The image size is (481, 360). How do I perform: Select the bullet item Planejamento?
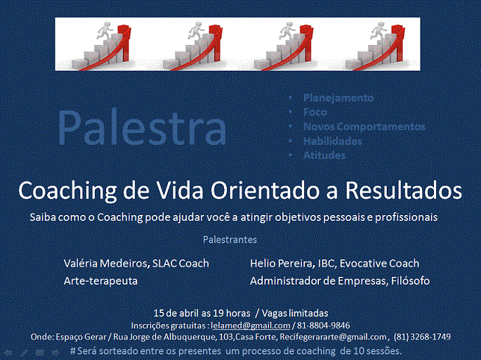[x=338, y=97]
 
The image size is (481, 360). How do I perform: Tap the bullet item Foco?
[x=315, y=112]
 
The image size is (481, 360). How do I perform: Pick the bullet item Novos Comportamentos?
[x=364, y=126]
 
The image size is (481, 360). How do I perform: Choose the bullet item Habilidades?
[x=333, y=141]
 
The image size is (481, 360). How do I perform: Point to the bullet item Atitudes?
[x=325, y=155]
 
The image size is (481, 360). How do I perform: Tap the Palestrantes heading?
[x=230, y=239]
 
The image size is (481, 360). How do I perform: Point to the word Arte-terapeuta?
[x=100, y=280]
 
